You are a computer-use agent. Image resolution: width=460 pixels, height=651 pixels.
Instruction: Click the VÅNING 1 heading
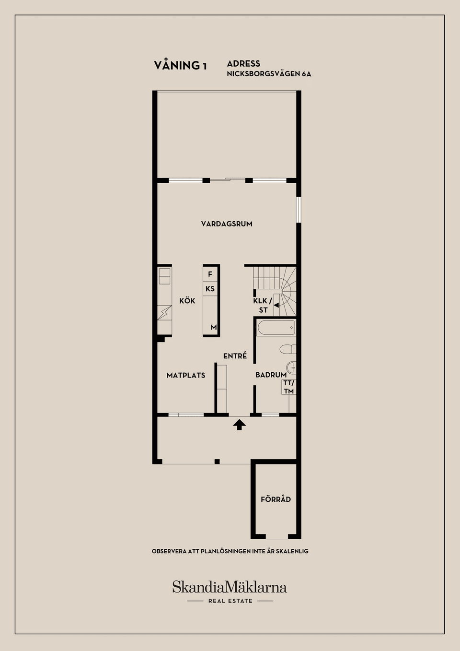(180, 65)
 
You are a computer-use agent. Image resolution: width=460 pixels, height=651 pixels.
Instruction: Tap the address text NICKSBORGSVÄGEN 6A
(269, 74)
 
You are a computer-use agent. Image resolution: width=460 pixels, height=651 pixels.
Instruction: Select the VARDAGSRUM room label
(227, 224)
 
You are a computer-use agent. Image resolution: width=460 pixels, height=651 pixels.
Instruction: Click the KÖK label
(187, 301)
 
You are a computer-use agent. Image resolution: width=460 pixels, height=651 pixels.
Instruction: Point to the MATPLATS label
(186, 375)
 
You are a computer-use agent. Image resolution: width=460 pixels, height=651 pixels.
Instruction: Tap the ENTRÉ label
(235, 355)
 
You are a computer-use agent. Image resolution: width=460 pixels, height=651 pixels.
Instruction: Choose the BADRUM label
(271, 375)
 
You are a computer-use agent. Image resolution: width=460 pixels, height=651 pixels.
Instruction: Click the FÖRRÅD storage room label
(276, 499)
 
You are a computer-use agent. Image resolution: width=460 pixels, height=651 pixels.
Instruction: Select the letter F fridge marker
(210, 274)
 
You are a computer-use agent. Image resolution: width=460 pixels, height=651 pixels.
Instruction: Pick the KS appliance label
(210, 289)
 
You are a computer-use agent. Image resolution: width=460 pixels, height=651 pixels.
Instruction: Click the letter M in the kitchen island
(214, 327)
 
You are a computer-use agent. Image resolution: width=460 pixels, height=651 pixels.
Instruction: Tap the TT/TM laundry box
(288, 387)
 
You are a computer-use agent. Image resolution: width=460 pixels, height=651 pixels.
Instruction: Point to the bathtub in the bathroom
(276, 328)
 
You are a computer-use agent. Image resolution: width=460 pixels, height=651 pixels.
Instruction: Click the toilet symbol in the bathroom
(288, 349)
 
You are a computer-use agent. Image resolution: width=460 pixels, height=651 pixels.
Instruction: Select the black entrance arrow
(239, 425)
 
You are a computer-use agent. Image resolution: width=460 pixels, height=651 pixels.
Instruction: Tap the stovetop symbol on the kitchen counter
(164, 313)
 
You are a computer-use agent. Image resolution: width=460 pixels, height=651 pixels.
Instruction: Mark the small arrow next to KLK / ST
(276, 305)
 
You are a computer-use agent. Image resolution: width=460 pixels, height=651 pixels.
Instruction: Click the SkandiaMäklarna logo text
(230, 587)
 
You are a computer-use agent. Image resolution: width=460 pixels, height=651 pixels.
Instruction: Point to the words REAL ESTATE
(230, 601)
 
